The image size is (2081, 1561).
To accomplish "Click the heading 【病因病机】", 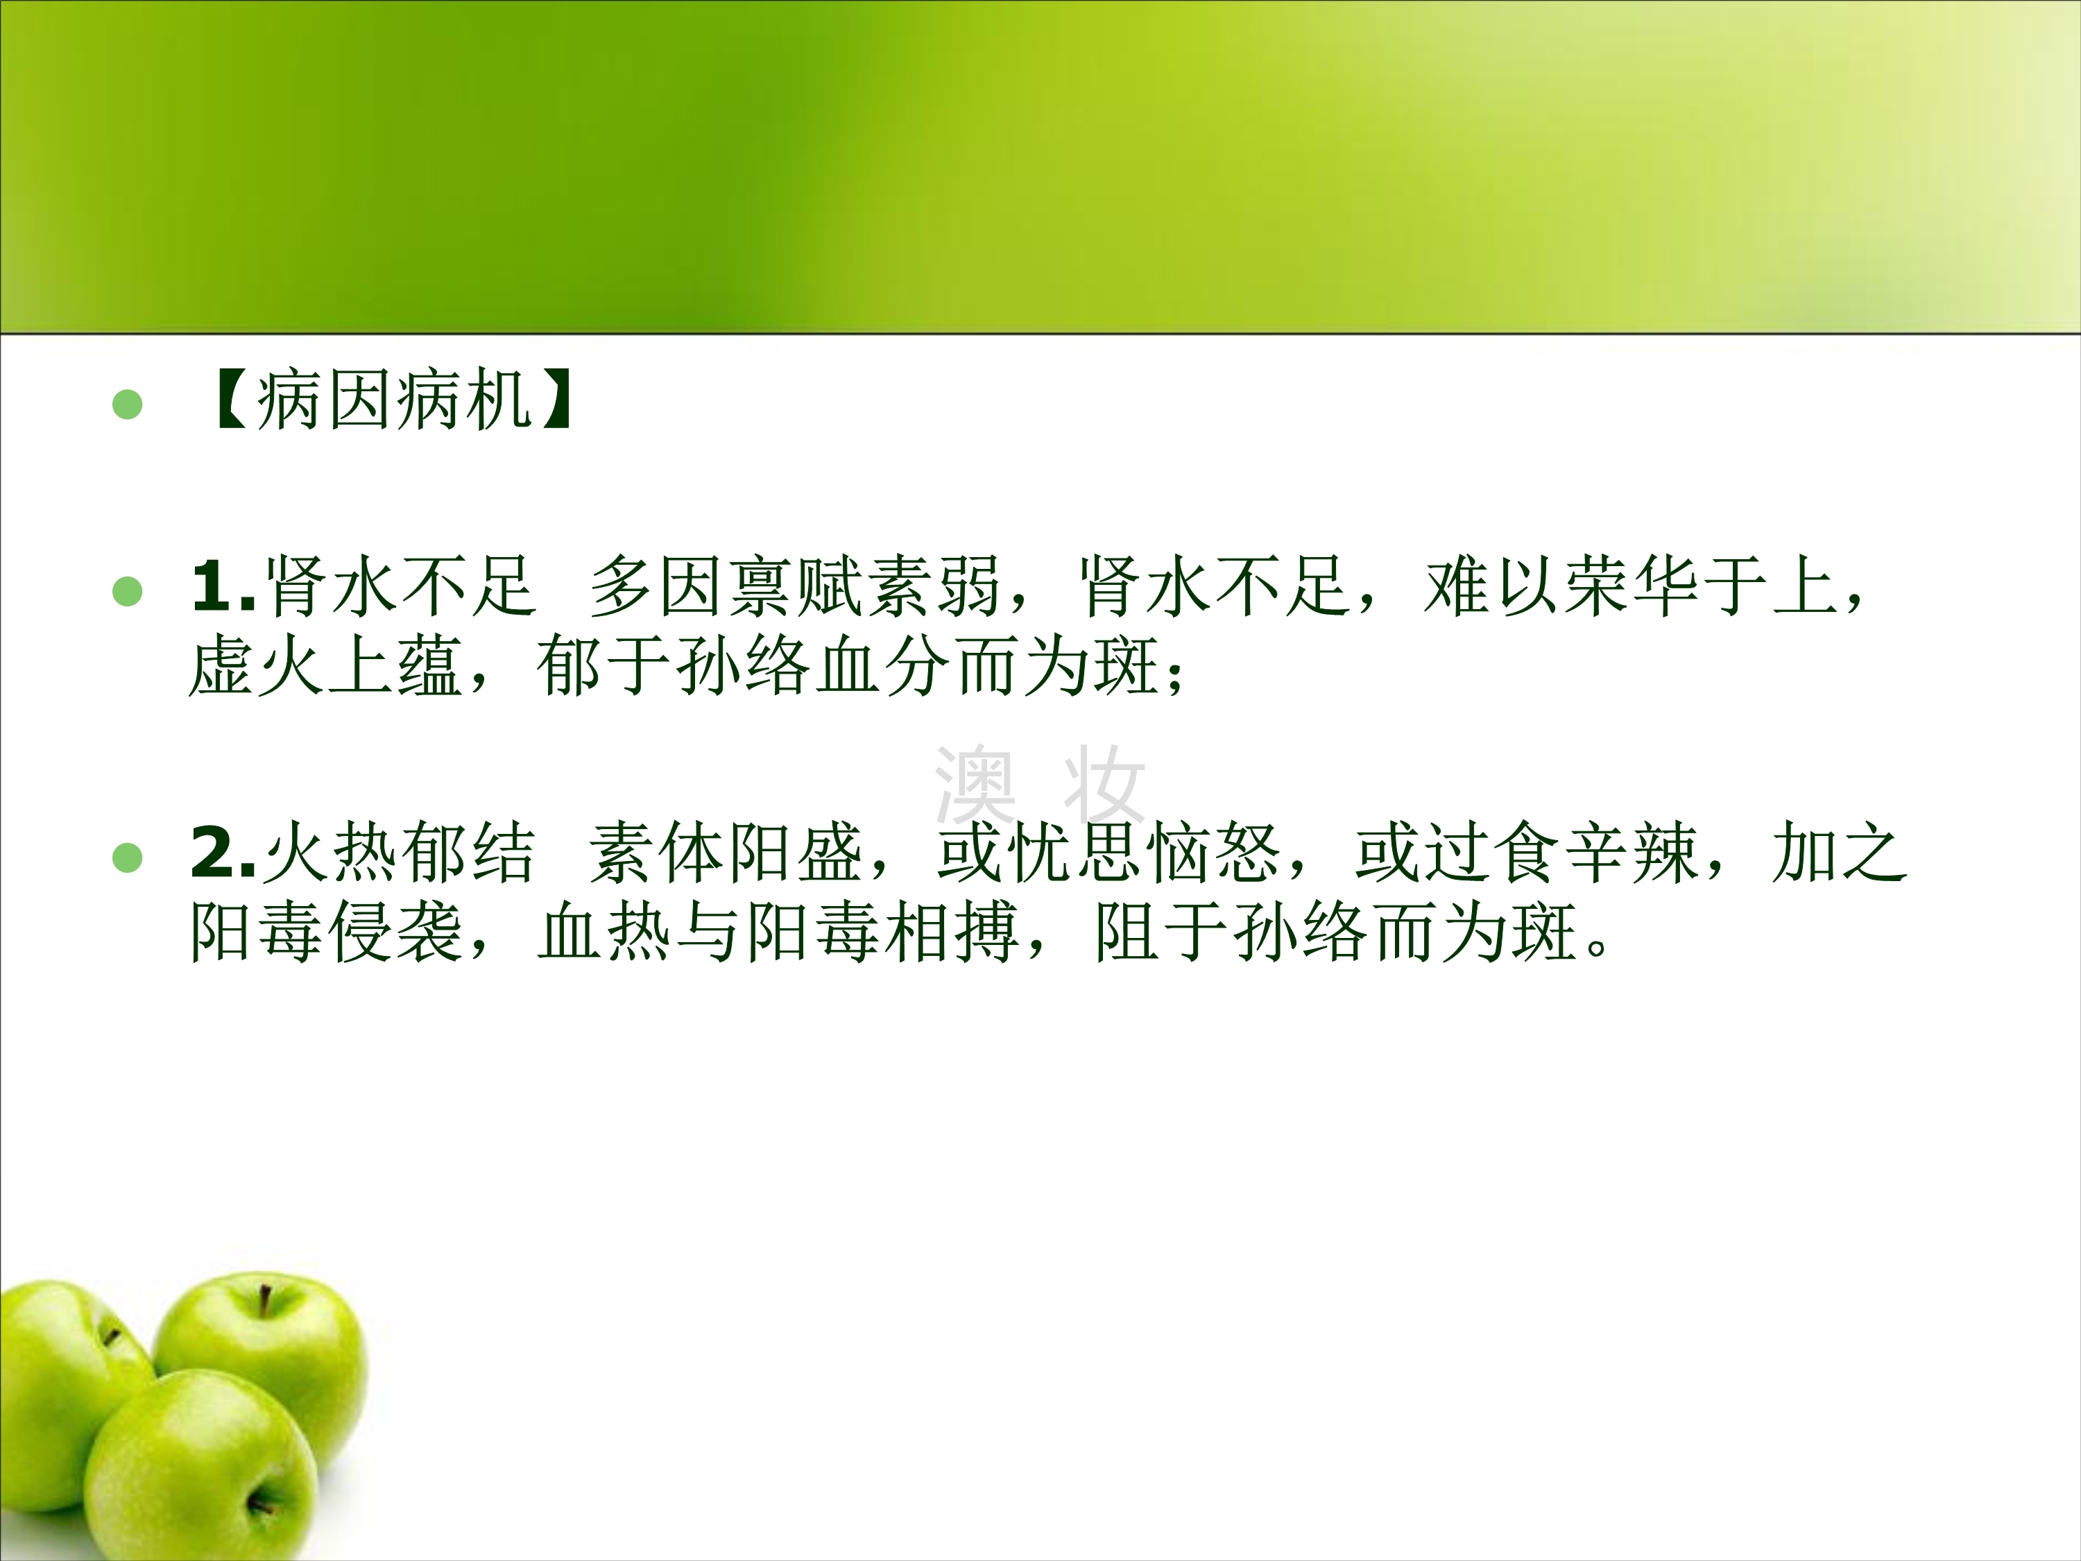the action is (393, 401).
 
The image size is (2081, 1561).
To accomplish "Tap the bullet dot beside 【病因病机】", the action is (127, 404).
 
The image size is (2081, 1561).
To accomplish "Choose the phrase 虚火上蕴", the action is (325, 666).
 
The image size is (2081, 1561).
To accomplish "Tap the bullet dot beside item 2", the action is (127, 858).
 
